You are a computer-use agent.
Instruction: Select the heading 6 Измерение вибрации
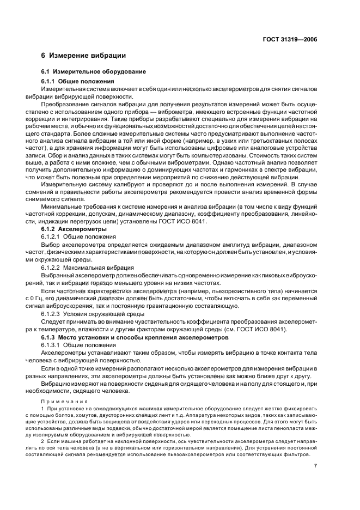[84, 56]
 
